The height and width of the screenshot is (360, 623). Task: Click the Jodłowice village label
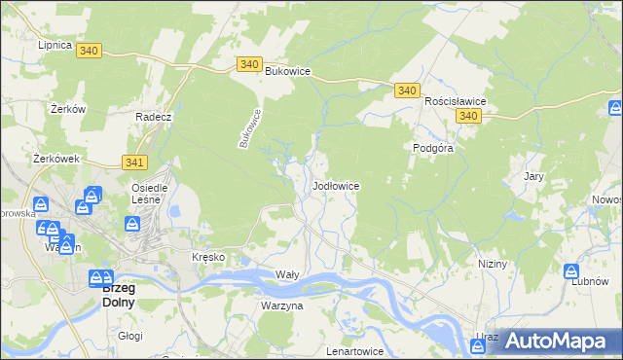click(x=338, y=185)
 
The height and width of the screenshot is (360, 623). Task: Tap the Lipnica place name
click(x=55, y=45)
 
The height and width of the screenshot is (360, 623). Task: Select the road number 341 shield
click(x=135, y=162)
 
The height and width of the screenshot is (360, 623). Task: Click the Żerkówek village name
click(x=55, y=158)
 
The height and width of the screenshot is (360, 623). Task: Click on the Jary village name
click(x=532, y=176)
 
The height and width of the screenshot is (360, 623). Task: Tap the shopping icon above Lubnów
click(x=572, y=271)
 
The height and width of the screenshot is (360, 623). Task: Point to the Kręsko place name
click(x=208, y=257)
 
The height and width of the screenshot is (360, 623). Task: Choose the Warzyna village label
click(x=281, y=306)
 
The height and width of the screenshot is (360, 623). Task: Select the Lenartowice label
click(x=356, y=350)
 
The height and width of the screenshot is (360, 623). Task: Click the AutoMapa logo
click(x=554, y=341)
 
